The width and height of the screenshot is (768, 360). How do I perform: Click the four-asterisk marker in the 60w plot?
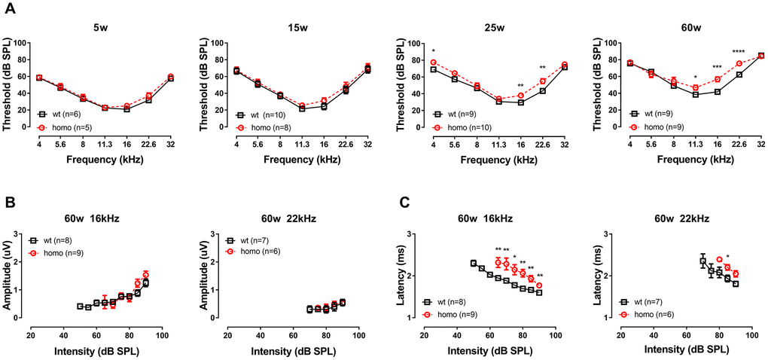coord(739,53)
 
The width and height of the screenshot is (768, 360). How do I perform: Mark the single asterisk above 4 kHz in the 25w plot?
coord(434,52)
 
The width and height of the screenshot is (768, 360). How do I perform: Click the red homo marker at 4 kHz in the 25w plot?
coord(434,63)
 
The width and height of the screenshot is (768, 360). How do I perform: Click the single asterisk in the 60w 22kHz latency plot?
coord(728,257)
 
